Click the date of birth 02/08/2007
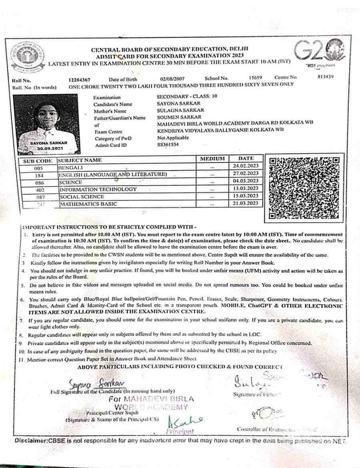click(172, 79)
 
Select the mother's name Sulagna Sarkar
click(180, 110)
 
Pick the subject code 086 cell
click(39, 182)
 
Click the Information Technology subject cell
click(98, 189)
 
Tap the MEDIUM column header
click(212, 159)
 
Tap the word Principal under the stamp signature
click(180, 432)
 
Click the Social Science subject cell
click(82, 196)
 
